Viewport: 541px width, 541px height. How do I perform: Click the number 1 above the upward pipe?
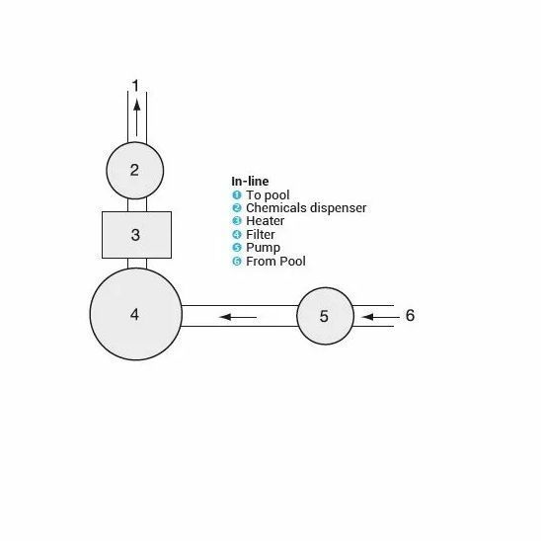135,86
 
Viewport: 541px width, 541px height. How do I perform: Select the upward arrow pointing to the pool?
137,117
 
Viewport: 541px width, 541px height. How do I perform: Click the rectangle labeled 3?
136,235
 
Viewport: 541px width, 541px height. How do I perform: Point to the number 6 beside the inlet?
410,315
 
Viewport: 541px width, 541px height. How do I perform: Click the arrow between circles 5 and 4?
238,317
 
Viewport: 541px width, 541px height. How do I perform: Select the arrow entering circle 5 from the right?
380,317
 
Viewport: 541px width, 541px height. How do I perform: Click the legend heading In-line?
250,181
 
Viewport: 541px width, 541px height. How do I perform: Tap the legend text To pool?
268,195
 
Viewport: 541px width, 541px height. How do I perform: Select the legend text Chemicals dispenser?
306,208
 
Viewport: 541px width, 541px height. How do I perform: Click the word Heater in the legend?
265,221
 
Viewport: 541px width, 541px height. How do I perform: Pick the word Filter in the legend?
261,235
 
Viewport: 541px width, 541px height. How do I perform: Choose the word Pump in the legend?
263,248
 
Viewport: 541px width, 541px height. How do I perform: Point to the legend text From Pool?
275,262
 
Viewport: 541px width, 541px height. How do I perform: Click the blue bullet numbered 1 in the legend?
237,194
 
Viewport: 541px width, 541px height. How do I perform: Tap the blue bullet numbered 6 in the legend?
237,262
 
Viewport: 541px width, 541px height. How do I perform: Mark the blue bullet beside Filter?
237,235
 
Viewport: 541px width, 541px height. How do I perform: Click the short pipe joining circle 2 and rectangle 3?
137,205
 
